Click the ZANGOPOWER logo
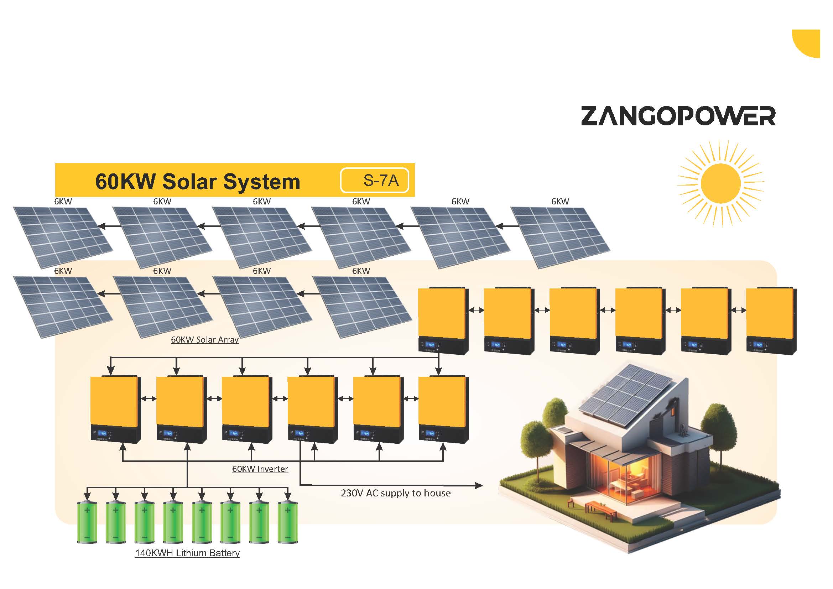tap(678, 116)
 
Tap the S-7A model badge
tap(374, 180)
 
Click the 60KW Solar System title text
tap(198, 181)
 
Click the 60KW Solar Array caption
tap(205, 340)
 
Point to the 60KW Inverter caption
tap(260, 469)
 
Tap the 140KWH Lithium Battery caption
tap(187, 553)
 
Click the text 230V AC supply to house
tap(396, 493)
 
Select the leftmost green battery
tap(87, 522)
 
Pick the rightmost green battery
tap(287, 522)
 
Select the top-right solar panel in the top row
tap(560, 237)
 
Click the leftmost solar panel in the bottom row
tap(63, 307)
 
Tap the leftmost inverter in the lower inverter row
tap(115, 410)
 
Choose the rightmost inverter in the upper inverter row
tap(771, 321)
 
